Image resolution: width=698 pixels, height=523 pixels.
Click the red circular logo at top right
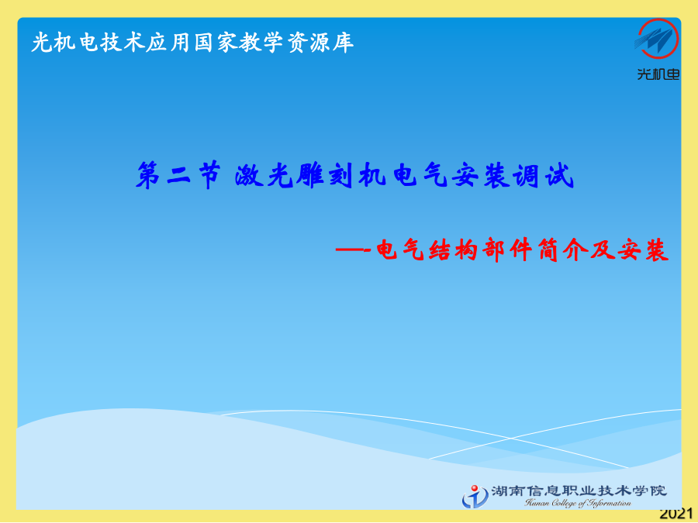click(x=658, y=40)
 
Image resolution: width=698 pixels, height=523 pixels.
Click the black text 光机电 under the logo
click(x=658, y=74)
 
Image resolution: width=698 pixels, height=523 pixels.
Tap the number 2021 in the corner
click(x=676, y=514)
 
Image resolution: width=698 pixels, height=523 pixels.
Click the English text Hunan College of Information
click(x=578, y=504)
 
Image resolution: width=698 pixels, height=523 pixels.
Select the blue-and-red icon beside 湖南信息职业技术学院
click(x=475, y=497)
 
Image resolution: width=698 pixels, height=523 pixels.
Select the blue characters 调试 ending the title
click(x=543, y=175)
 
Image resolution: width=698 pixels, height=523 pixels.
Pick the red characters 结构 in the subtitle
click(x=453, y=250)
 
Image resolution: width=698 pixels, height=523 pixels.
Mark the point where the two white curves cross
click(x=510, y=439)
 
